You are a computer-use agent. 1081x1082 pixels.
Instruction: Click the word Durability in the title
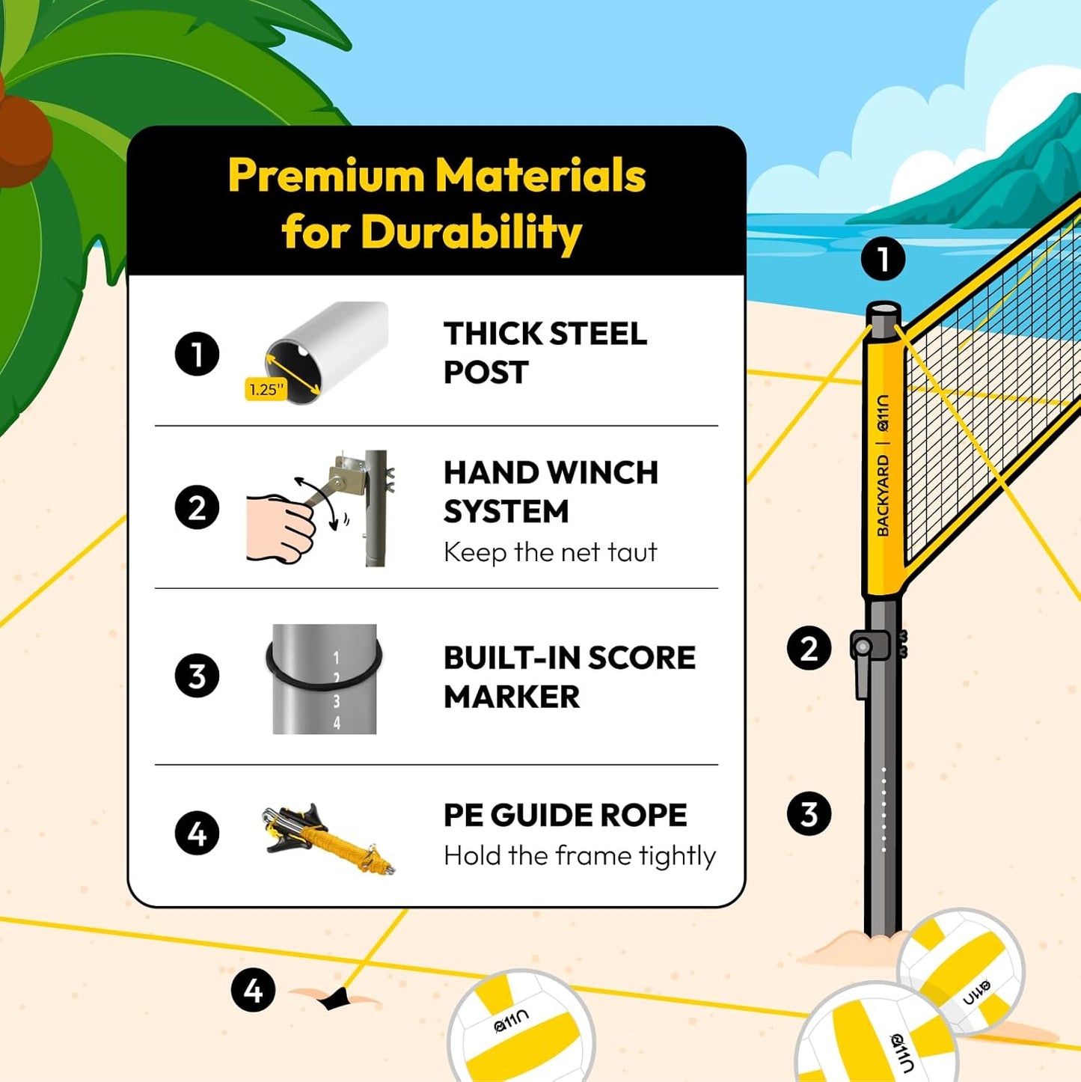[471, 233]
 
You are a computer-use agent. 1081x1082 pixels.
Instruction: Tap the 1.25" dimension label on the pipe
[266, 389]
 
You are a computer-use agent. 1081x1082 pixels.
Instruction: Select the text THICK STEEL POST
[545, 352]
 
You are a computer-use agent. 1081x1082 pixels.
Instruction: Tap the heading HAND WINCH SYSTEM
[551, 492]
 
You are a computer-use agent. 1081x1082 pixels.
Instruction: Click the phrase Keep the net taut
[550, 552]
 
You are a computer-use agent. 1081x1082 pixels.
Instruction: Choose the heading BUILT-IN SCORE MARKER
[569, 676]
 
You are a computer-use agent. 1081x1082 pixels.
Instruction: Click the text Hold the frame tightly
[579, 855]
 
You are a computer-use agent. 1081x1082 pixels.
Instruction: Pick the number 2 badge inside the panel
[197, 508]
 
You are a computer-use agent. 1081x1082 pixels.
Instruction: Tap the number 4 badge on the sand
[253, 990]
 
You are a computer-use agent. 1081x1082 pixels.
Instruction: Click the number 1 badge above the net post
[883, 259]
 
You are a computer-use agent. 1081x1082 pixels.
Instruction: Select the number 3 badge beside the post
[809, 813]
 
